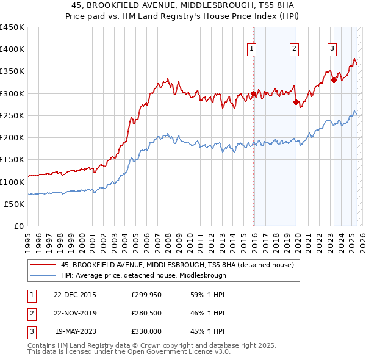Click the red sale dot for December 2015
coord(253,93)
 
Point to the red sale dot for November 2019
coord(296,102)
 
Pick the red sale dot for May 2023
coord(334,80)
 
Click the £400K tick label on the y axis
coord(12,49)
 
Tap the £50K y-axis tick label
coord(15,204)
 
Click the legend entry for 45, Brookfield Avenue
coord(178,265)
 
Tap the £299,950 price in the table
coord(146,294)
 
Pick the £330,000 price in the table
coord(146,331)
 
